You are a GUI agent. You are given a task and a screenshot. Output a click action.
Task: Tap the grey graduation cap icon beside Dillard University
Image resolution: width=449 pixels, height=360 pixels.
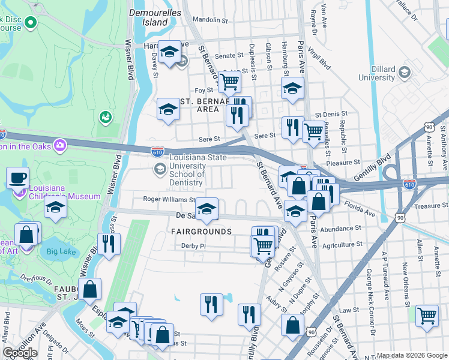(x=405, y=73)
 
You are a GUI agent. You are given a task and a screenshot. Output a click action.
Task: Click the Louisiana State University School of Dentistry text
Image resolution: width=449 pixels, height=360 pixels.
(x=187, y=170)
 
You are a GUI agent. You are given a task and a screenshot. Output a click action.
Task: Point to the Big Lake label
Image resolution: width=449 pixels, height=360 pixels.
(x=61, y=251)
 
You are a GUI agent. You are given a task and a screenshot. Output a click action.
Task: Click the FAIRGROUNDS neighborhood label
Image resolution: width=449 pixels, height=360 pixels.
(x=201, y=232)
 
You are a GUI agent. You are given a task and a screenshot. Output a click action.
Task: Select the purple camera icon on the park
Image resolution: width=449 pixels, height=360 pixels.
(x=59, y=145)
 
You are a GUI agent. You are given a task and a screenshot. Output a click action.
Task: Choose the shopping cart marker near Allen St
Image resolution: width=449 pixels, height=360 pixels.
(x=427, y=314)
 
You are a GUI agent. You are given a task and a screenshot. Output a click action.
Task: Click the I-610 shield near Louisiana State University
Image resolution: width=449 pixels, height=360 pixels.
(x=157, y=152)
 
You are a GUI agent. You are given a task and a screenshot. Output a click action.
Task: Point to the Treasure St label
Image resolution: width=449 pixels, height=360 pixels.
(x=427, y=206)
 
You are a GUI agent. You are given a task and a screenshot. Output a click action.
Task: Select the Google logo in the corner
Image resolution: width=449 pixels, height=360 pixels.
(x=20, y=352)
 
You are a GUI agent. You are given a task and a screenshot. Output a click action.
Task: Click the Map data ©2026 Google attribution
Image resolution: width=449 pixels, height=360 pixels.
(x=412, y=355)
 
